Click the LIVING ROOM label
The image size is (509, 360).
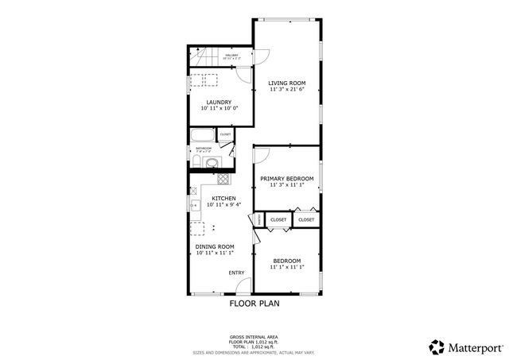click(x=286, y=83)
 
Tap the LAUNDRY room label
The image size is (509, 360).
click(x=219, y=102)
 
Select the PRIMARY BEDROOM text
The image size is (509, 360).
click(x=286, y=178)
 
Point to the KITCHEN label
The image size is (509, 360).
click(x=223, y=198)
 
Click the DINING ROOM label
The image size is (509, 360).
click(x=215, y=246)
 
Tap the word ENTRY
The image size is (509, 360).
click(x=236, y=273)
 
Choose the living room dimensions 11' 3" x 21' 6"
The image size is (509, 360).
click(x=286, y=90)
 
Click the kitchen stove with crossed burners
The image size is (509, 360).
click(x=223, y=179)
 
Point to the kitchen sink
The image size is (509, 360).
click(x=194, y=206)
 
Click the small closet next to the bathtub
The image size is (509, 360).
click(x=225, y=135)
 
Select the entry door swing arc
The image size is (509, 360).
click(x=245, y=285)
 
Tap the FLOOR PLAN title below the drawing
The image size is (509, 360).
click(x=254, y=303)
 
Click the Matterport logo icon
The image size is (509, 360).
click(x=436, y=346)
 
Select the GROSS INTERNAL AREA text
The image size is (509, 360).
click(x=254, y=337)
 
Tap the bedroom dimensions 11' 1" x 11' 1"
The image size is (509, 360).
click(x=286, y=269)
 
